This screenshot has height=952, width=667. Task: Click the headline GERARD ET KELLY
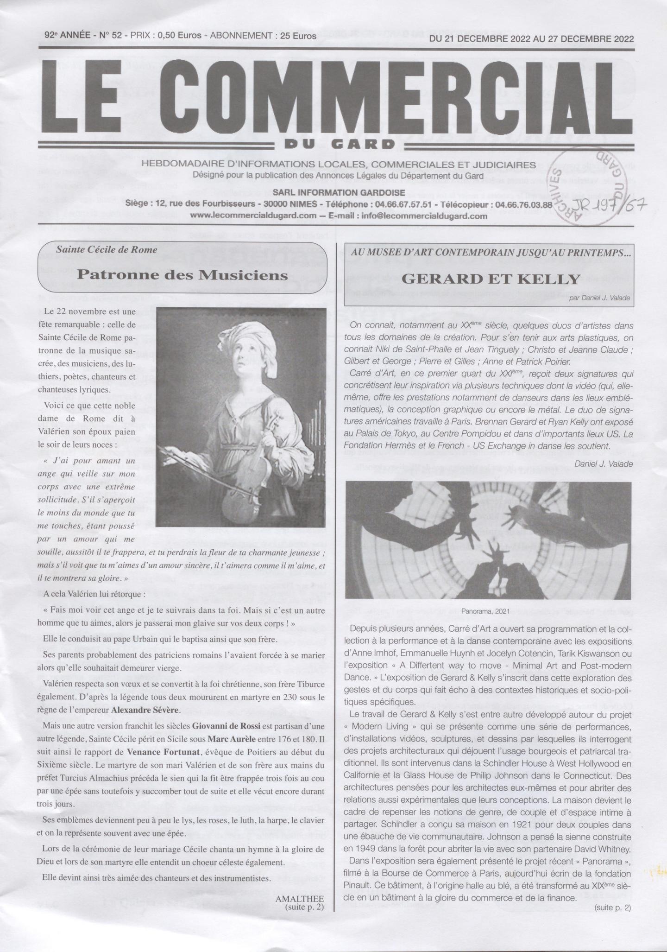click(491, 279)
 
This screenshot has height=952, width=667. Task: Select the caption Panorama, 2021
click(485, 611)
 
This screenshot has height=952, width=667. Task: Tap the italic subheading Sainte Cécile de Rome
click(107, 249)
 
